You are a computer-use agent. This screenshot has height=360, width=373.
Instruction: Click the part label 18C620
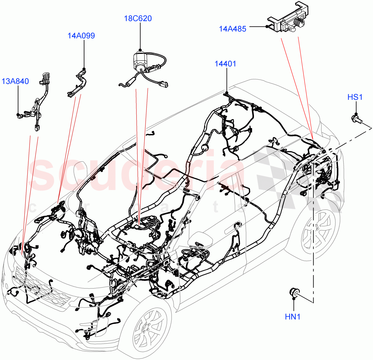[x=138, y=19]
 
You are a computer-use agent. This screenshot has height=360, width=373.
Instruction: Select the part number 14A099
[x=81, y=36]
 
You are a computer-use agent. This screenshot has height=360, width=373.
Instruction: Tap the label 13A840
[x=15, y=81]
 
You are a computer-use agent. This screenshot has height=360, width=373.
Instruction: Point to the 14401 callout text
[x=225, y=64]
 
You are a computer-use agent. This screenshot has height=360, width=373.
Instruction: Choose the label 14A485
[x=233, y=29]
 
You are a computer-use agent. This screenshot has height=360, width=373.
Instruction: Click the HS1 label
[x=355, y=97]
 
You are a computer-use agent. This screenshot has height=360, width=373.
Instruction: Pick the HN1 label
[x=293, y=317]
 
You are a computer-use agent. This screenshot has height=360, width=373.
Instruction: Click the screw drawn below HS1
[x=356, y=118]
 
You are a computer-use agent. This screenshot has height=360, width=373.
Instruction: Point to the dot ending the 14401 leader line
[x=227, y=92]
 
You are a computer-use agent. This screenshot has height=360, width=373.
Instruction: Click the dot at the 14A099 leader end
[x=84, y=69]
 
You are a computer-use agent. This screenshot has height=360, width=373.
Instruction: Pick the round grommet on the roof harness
[x=205, y=148]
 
